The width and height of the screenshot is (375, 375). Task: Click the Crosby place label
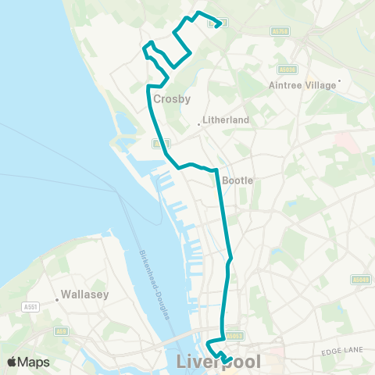click(172, 99)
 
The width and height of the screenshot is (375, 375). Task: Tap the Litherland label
click(226, 120)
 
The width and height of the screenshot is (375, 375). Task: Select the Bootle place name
click(238, 180)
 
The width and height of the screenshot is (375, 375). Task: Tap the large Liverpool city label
click(219, 362)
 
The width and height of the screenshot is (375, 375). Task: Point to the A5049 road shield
click(360, 279)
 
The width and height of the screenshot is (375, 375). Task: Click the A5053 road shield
click(234, 337)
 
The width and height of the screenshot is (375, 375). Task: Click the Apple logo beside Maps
click(12, 362)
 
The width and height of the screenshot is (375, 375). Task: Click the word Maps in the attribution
click(36, 362)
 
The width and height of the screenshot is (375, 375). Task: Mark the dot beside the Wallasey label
click(58, 297)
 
